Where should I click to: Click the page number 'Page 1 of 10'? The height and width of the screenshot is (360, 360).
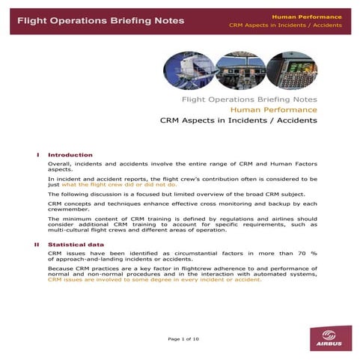(x=183, y=339)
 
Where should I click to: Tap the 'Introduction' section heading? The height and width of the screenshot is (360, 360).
(x=70, y=155)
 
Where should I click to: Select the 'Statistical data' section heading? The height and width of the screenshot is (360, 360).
(x=76, y=245)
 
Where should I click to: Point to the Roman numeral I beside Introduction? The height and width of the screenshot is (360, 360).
(x=38, y=155)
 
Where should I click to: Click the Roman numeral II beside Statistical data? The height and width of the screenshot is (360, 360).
(x=37, y=245)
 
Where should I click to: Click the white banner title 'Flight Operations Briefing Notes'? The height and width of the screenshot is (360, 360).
(x=100, y=20)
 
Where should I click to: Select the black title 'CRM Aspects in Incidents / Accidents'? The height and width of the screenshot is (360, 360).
(x=239, y=120)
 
